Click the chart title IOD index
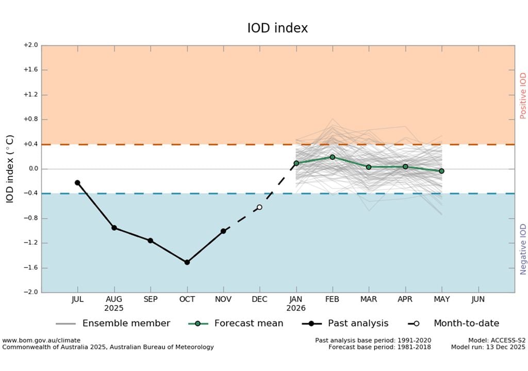277,28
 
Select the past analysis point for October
187,262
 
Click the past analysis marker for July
77,182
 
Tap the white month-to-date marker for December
259,207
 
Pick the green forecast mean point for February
332,157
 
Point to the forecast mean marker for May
441,171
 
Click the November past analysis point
223,231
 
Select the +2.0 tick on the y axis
31,45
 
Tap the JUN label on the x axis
478,299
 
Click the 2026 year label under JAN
296,308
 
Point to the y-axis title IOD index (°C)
10,169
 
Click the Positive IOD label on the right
523,96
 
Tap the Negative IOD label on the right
523,249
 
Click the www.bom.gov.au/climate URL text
41,341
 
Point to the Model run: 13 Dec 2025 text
488,347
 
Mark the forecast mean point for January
296,163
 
